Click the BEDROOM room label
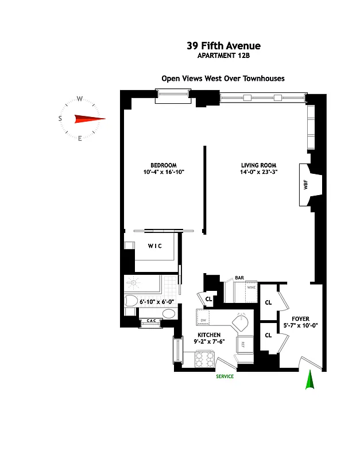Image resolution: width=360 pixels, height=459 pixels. pyautogui.click(x=163, y=165)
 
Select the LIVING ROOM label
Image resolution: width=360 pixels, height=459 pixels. pyautogui.click(x=260, y=165)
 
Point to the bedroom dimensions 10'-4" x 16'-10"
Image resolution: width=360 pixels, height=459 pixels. pyautogui.click(x=164, y=172)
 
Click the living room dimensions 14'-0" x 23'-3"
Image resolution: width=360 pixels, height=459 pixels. pyautogui.click(x=260, y=172)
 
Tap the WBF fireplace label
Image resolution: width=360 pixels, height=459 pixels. pyautogui.click(x=305, y=185)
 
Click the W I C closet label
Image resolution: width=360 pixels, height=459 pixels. pyautogui.click(x=155, y=247)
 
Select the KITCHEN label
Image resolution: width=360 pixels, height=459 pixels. pyautogui.click(x=209, y=334)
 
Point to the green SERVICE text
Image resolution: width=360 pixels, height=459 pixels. pyautogui.click(x=224, y=376)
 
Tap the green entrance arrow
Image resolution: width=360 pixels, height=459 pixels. pyautogui.click(x=309, y=380)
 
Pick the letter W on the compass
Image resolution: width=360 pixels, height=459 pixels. pyautogui.click(x=80, y=98)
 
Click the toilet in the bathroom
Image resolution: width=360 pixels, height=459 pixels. pyautogui.click(x=131, y=301)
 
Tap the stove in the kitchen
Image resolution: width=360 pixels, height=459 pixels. pyautogui.click(x=206, y=360)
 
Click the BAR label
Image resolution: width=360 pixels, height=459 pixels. pyautogui.click(x=240, y=278)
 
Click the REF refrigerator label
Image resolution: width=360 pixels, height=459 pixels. pyautogui.click(x=243, y=344)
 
